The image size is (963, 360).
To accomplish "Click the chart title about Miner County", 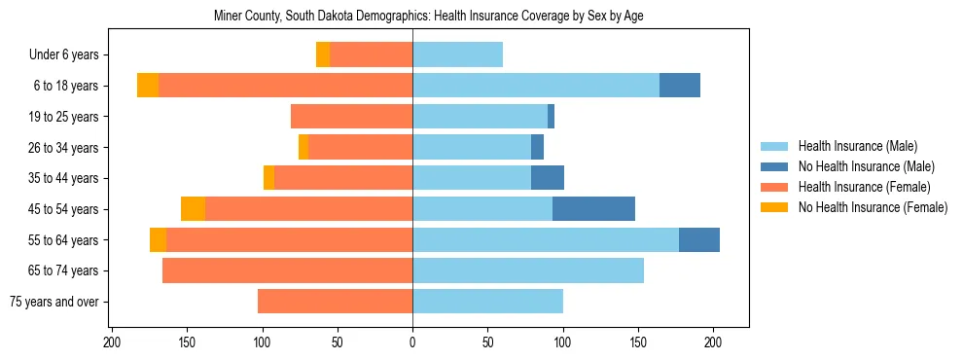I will tap(428, 16).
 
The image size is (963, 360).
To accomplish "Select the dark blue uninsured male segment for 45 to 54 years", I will tap(593, 208).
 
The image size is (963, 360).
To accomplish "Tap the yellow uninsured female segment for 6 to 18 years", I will tap(148, 86).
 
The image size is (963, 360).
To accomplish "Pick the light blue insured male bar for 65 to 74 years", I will tap(528, 270).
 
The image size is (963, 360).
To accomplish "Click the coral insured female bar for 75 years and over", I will tap(335, 302).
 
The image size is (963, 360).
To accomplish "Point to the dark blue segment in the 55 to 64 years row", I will tap(699, 239).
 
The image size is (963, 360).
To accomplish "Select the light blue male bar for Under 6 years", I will tap(457, 54).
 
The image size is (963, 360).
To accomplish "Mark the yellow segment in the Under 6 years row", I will tap(323, 54).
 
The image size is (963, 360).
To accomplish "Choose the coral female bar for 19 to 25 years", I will tap(351, 117).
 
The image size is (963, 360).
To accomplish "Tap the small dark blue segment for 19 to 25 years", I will tap(551, 117).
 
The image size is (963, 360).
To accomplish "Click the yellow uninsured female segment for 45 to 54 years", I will tap(193, 208).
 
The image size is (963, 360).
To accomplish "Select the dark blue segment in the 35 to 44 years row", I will tap(548, 178).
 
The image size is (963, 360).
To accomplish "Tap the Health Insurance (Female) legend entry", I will tap(865, 187).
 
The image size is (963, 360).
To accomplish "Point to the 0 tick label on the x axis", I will tap(412, 342).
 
